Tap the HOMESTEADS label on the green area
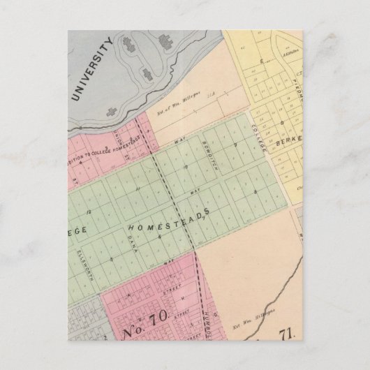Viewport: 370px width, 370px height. click(168, 224)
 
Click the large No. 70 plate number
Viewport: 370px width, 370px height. click(144, 323)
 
